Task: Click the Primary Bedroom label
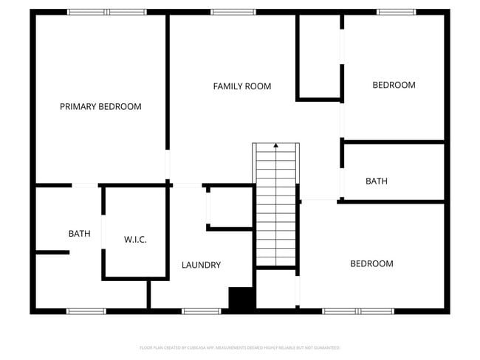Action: (x=100, y=107)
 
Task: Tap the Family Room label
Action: (x=242, y=86)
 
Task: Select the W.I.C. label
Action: (x=135, y=240)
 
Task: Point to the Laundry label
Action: (x=201, y=265)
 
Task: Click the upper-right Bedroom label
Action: (x=394, y=85)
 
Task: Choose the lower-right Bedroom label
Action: (x=371, y=263)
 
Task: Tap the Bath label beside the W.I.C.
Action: (x=79, y=234)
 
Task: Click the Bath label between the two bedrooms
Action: (x=377, y=181)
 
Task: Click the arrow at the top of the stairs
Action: (x=276, y=146)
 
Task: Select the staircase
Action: (x=276, y=207)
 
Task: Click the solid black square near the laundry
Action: (x=241, y=299)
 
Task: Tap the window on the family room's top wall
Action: (x=233, y=12)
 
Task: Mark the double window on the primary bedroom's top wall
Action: (x=106, y=12)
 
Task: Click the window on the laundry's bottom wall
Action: (x=202, y=311)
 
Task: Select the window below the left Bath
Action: (x=86, y=311)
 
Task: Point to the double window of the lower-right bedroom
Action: (x=358, y=311)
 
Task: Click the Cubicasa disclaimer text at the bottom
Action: (x=239, y=347)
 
